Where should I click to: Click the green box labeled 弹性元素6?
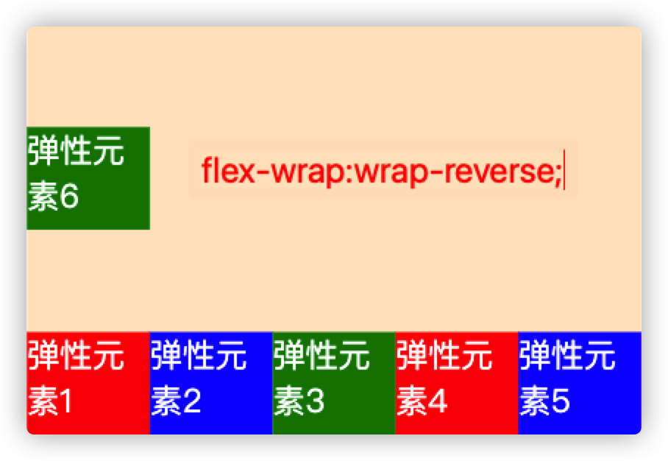(88, 178)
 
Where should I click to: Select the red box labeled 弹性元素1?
(88, 383)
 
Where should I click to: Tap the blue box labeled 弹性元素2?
(211, 383)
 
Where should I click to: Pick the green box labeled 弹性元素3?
(334, 383)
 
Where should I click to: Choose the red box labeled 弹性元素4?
(457, 383)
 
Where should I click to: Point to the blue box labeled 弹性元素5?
(580, 383)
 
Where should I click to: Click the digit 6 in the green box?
(68, 199)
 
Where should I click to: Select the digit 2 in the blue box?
(191, 402)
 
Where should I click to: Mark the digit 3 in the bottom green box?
(313, 402)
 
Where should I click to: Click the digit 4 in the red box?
(436, 402)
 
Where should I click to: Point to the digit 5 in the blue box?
(559, 402)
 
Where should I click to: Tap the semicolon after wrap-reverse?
(558, 175)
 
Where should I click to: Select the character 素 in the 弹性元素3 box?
(288, 402)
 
